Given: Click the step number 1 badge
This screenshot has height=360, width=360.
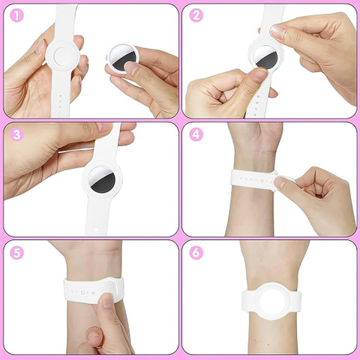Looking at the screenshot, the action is coord(16,16).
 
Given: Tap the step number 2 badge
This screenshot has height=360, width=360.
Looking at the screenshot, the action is coord(196,16).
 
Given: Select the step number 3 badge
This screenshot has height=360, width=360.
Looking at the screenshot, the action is coord(16,135).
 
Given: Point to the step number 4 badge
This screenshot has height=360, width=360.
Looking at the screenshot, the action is coord(196,135).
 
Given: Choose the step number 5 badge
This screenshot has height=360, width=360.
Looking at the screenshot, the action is coord(16,253).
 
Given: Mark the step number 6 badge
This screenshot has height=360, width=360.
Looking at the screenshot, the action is coord(196,253).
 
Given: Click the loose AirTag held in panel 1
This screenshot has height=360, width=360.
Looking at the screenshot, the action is coord(123,59).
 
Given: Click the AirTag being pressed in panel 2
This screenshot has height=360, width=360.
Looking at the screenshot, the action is coord(265,57).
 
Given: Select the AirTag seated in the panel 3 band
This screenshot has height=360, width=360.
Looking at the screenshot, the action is coord(102,179).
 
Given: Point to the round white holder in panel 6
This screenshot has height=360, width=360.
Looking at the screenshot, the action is coord(271,301).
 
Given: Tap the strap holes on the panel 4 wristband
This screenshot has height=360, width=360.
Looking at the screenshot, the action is coord(254,180).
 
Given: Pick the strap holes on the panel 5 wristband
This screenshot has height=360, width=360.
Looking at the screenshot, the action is coord(80,292).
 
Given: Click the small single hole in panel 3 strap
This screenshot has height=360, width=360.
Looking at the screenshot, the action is coord(97,229).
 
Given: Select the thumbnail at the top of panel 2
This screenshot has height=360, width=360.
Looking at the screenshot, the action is coord(278,31).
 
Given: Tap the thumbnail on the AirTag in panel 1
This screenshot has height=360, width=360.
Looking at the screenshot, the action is coord(130,69).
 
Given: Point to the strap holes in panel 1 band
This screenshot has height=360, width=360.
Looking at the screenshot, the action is coord(60,105).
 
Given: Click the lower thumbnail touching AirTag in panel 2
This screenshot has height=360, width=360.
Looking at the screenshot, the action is coord(260,74).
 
